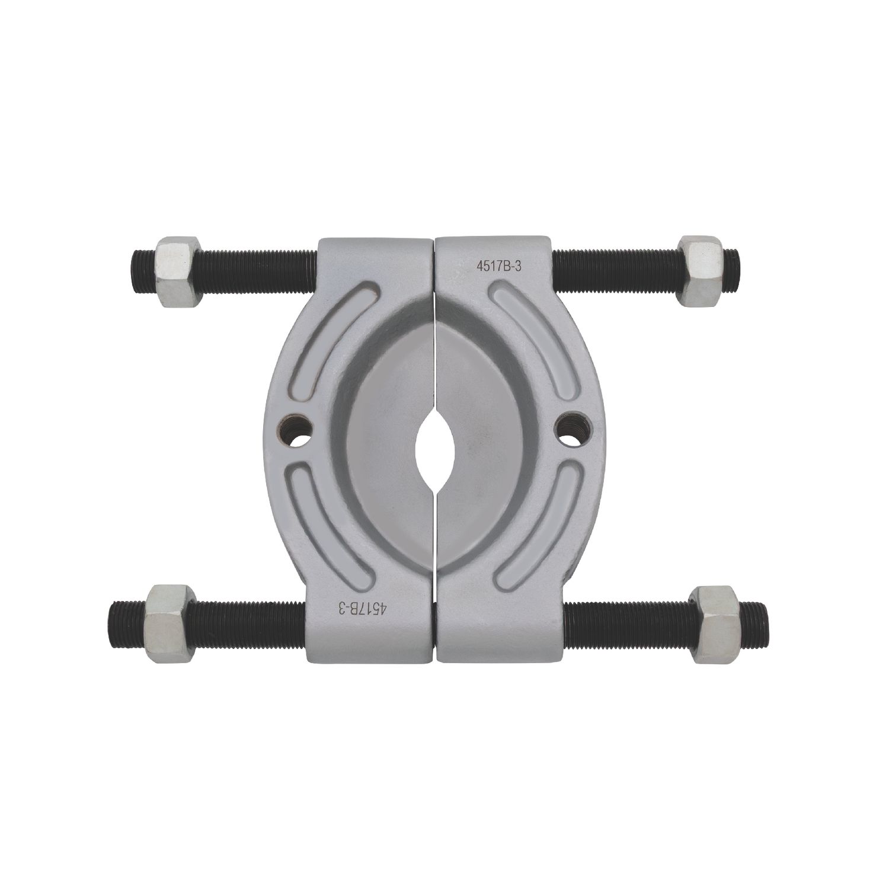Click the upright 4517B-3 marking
498,266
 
